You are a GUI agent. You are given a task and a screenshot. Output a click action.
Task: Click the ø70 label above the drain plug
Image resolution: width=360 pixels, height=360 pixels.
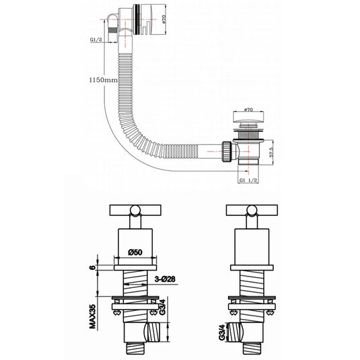click(248, 109)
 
